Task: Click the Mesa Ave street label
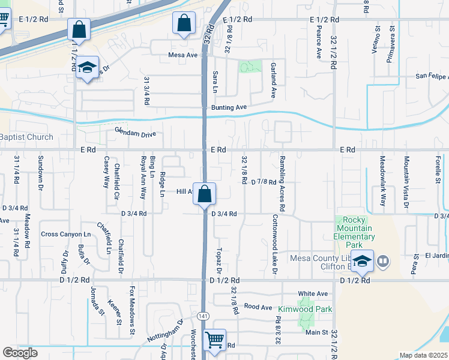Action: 183,55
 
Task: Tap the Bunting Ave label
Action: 229,107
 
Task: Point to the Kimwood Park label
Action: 297,310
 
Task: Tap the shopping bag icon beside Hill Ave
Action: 205,193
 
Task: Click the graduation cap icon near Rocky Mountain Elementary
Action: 363,261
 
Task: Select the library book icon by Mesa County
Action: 383,261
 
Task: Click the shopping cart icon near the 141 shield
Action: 214,340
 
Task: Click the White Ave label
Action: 313,293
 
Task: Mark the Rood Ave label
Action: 258,307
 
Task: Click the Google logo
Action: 20,353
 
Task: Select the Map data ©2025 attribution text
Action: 423,355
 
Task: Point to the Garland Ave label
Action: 273,80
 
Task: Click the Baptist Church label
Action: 26,137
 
